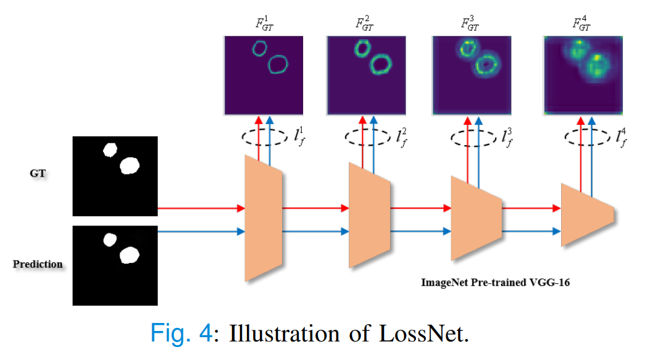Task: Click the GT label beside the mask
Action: click(x=38, y=175)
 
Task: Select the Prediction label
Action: click(x=38, y=264)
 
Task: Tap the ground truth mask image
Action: click(x=115, y=176)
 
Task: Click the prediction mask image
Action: click(x=115, y=265)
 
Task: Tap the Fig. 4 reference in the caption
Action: click(x=181, y=334)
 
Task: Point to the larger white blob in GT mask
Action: click(x=130, y=165)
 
